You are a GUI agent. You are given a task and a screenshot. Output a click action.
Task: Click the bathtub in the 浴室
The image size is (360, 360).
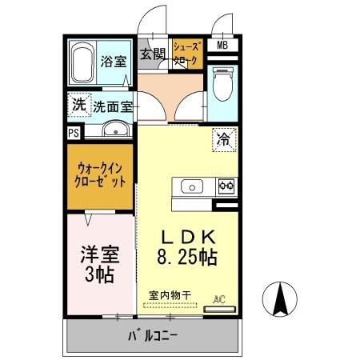coord(83,62)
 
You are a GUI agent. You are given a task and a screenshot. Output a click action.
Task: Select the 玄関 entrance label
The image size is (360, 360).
coord(153,54)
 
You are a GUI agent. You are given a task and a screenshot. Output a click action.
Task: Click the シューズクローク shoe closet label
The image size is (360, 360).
coord(186,54)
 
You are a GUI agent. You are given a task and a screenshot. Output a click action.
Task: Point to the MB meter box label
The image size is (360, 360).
coord(222,46)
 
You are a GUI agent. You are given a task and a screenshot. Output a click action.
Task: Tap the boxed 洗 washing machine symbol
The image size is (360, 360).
coord(78,104)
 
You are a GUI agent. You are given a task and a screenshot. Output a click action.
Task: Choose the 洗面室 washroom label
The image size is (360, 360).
coord(113,106)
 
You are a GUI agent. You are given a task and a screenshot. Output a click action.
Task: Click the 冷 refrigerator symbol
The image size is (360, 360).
coord(223,140)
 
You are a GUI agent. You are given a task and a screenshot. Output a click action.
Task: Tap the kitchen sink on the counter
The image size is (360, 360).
coord(192,187)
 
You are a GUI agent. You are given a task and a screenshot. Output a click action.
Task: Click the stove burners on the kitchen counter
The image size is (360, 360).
coord(224,187)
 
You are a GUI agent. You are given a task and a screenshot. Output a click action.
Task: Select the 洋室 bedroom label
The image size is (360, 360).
coord(99,256)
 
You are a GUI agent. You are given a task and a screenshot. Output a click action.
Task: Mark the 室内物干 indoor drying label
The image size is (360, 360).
coord(170,295)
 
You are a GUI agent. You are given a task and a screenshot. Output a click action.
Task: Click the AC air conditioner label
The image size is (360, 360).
coord(218,300)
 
